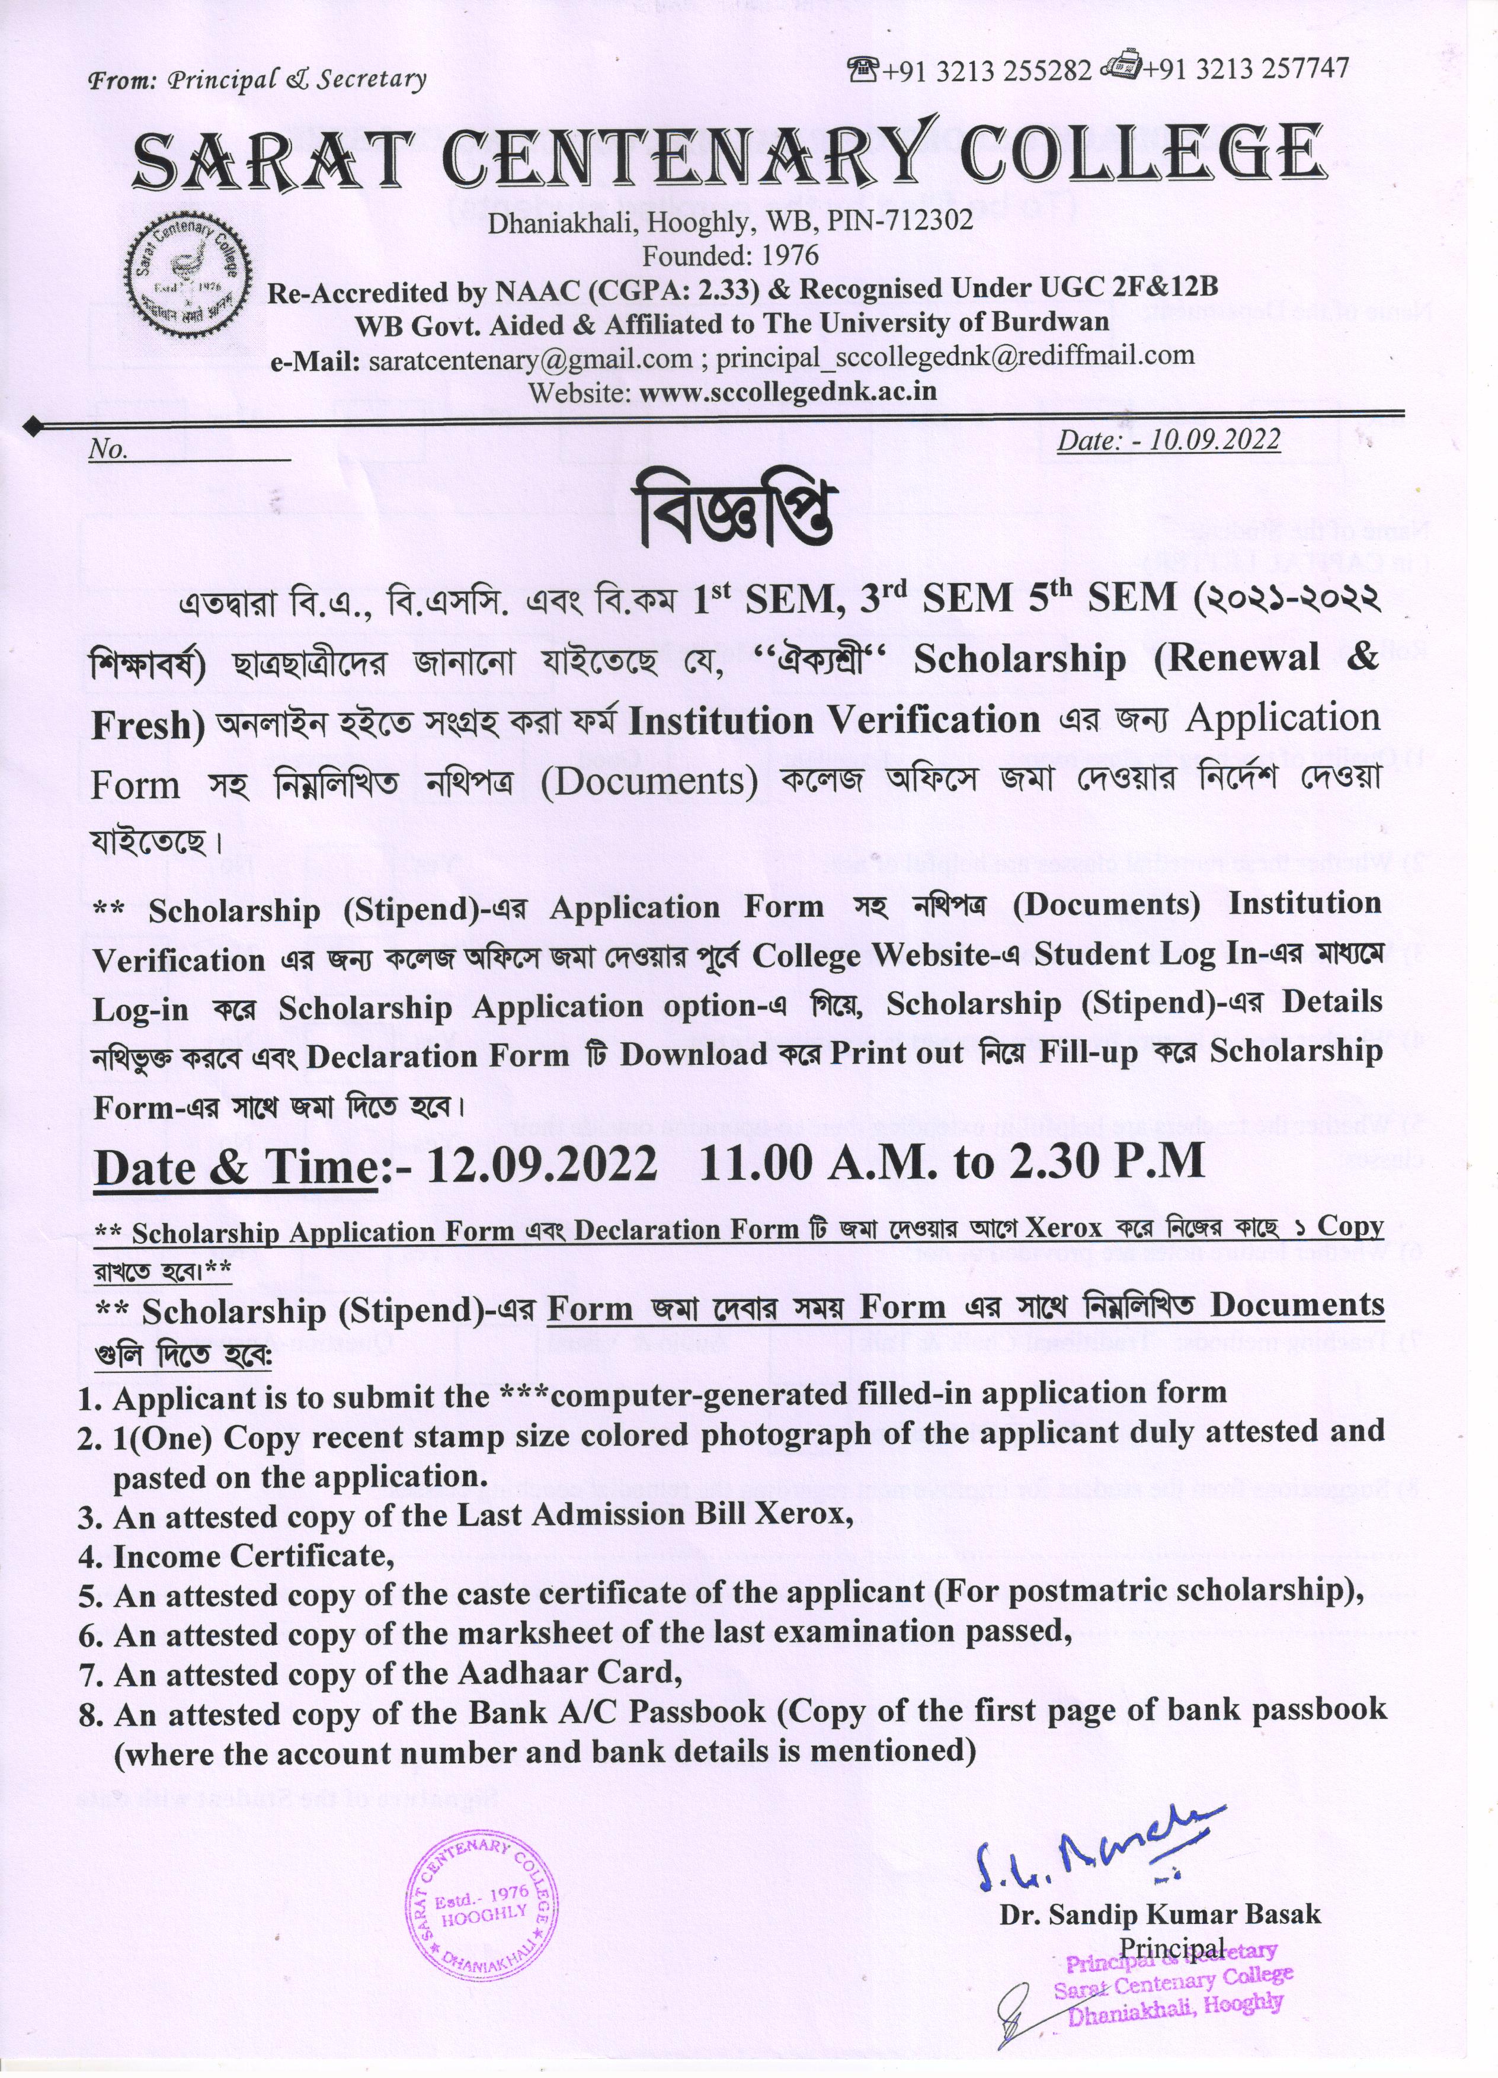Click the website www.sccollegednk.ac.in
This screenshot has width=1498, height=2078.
tap(788, 392)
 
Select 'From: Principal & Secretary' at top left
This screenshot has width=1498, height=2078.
tap(257, 80)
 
